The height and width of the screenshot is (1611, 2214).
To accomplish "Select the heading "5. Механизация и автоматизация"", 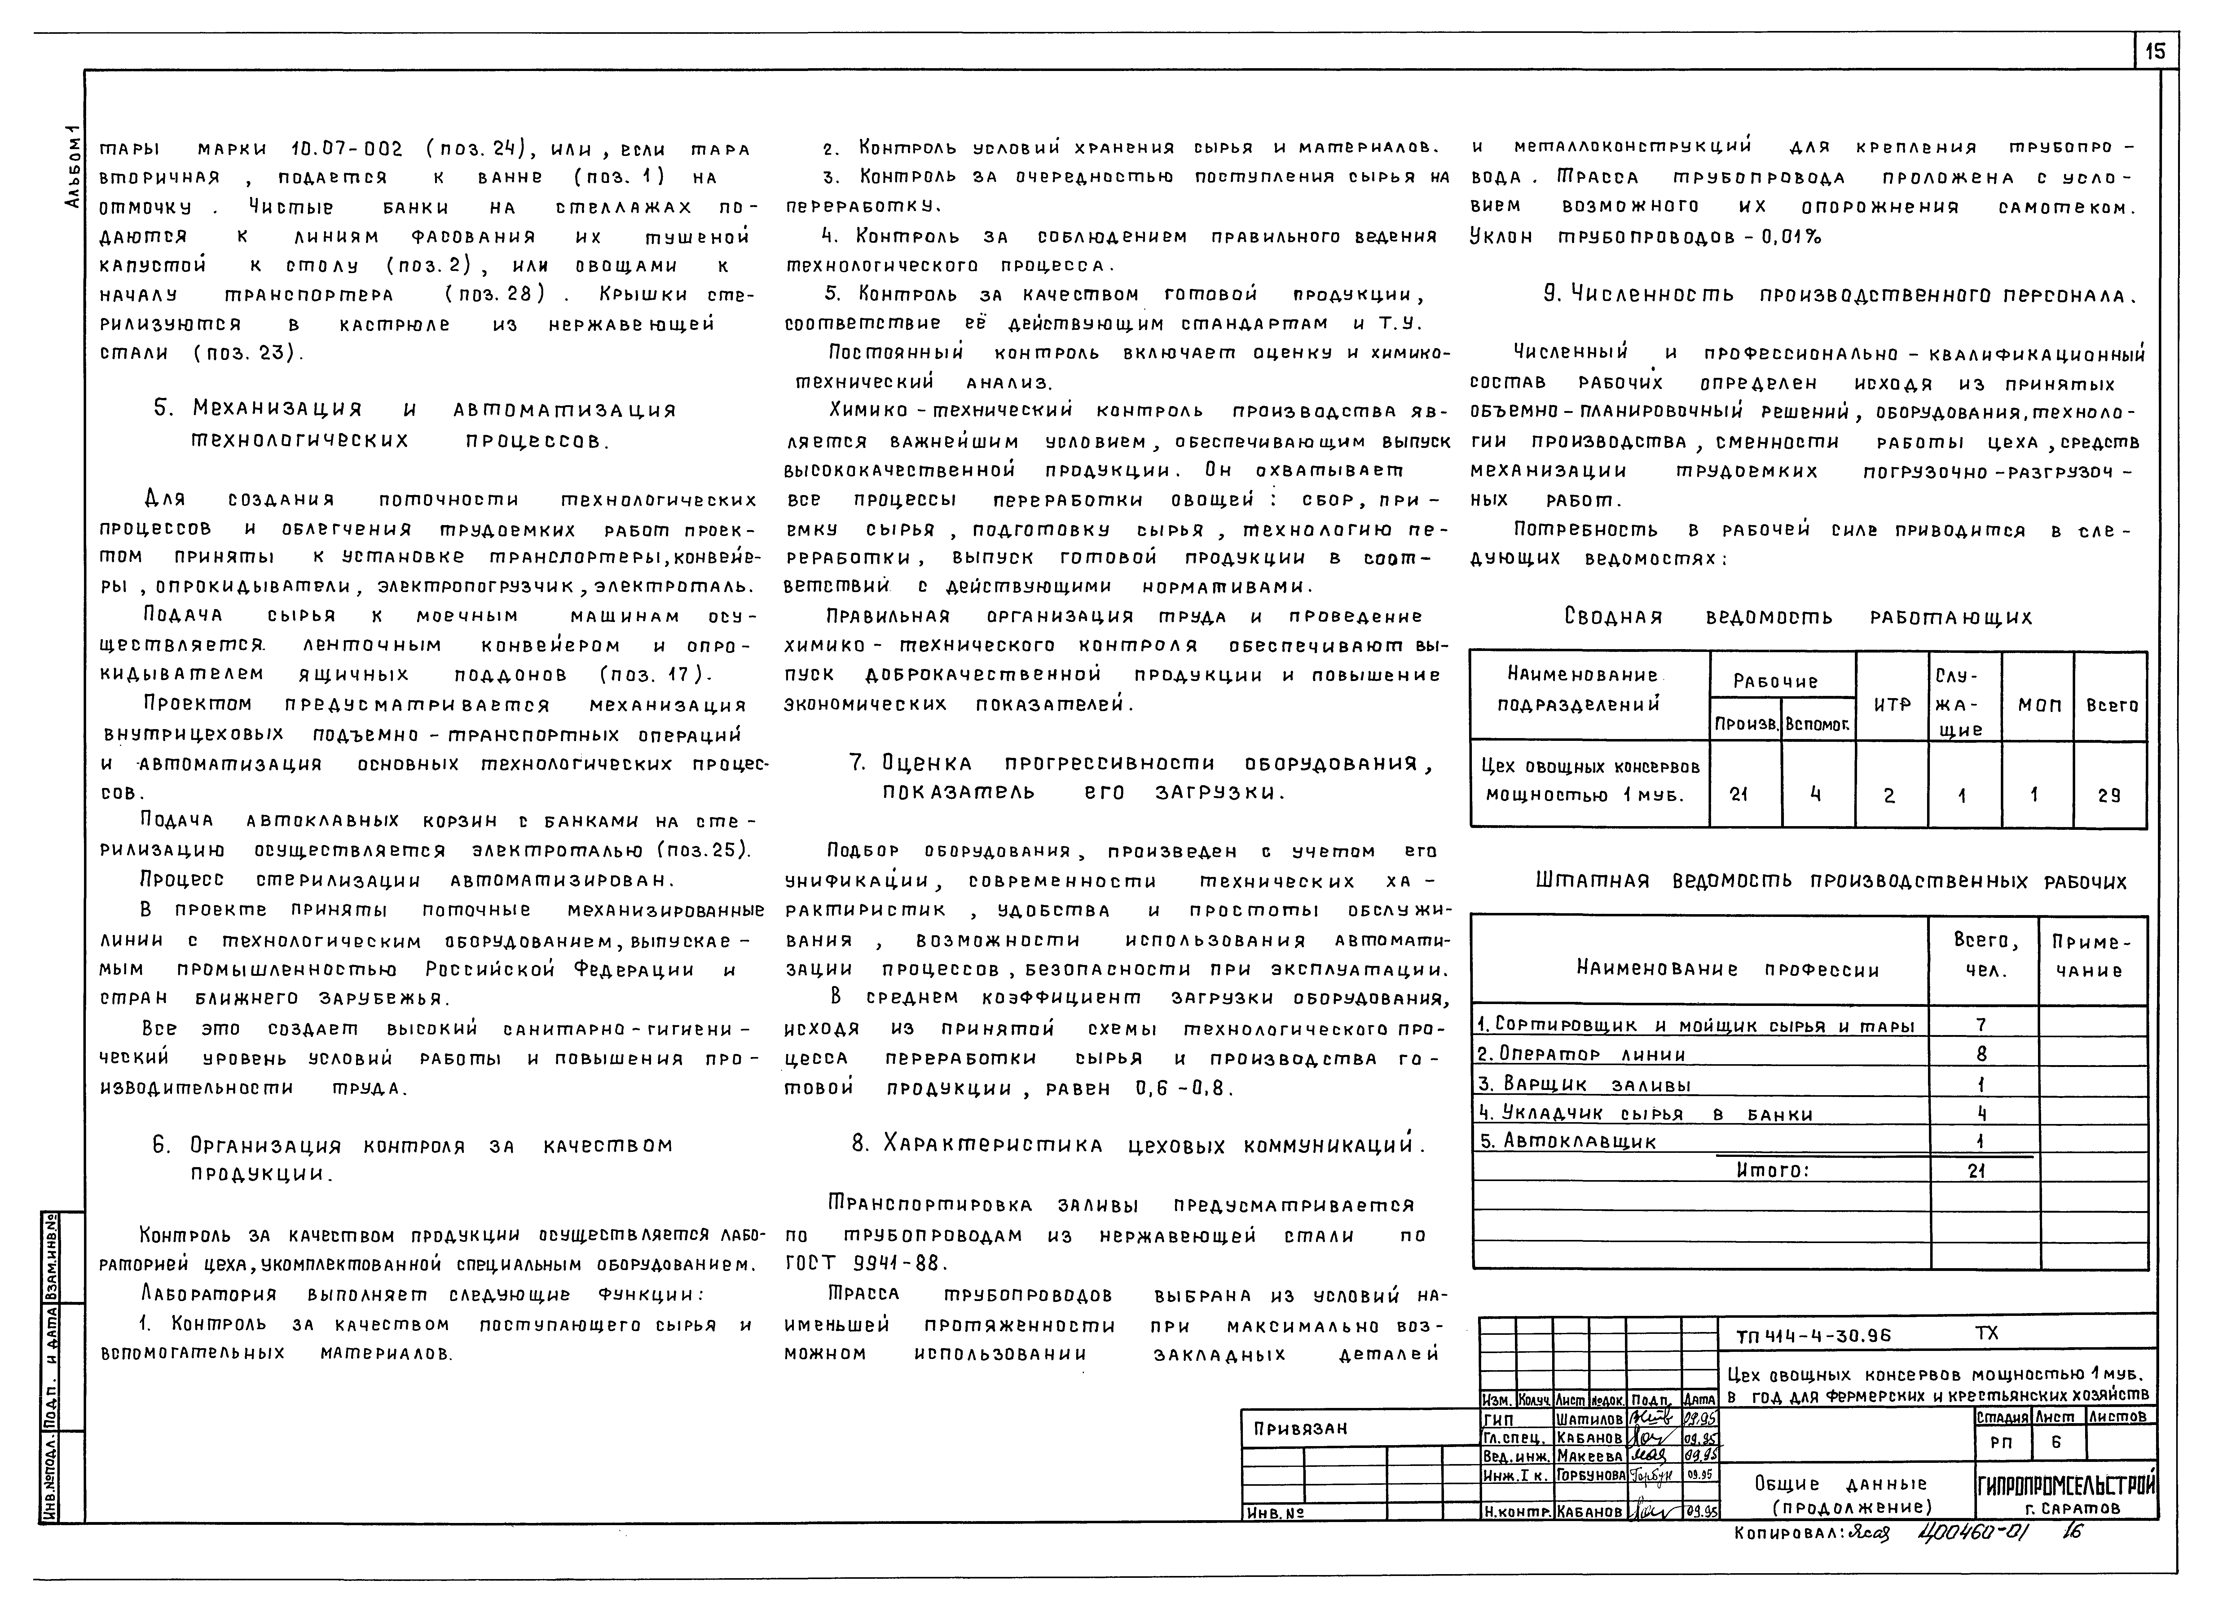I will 415,410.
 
